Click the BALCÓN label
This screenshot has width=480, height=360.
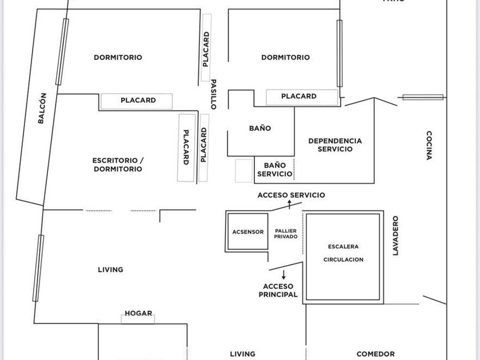coord(42,109)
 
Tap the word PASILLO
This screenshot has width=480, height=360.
coord(214,94)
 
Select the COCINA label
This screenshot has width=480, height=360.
coord(429,146)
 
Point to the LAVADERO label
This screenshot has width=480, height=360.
coord(395,235)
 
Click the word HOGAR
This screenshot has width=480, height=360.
coord(138,313)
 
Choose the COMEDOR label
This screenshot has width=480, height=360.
coord(375,354)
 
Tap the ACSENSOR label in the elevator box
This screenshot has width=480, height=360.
coord(248,232)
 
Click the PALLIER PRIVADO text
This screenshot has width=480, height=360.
coord(286,234)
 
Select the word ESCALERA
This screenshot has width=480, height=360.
coord(343,247)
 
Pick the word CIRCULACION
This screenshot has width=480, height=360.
coord(343,259)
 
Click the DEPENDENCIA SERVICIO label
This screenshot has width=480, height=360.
coord(335,145)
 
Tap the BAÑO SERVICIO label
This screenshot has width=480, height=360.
coord(275,170)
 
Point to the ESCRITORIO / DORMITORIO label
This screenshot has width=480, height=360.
coord(118,165)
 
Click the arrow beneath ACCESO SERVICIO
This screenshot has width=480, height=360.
coord(290,204)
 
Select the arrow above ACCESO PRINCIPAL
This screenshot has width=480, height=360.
coord(283,275)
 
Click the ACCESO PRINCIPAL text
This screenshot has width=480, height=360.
coord(278,291)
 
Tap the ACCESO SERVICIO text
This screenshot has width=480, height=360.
coord(291,195)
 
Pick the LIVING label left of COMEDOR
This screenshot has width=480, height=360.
coord(242,354)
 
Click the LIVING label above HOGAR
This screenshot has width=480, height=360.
coord(110,270)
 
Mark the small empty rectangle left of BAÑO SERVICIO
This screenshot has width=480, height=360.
coord(243,171)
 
